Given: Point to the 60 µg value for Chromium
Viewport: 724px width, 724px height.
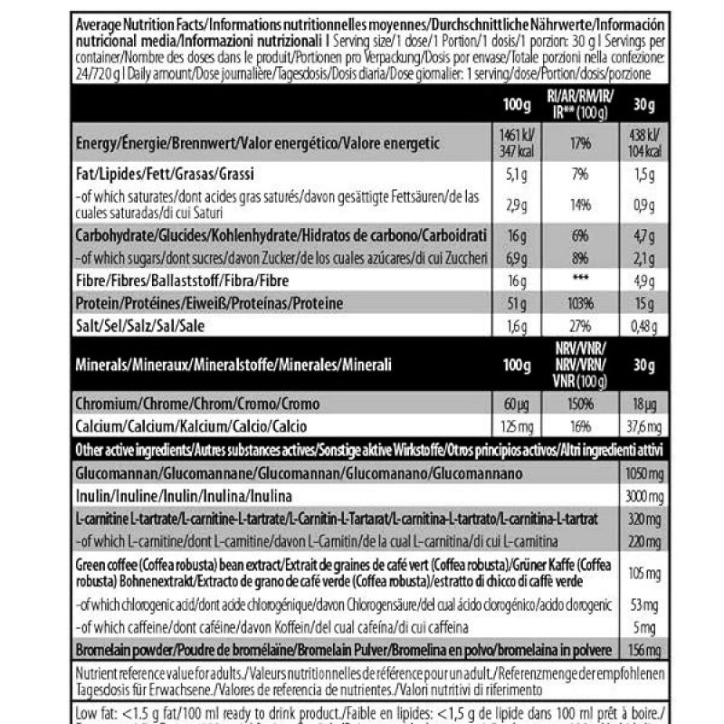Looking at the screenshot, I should pos(517,401).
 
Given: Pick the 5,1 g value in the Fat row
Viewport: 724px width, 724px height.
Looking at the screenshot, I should pos(517,172).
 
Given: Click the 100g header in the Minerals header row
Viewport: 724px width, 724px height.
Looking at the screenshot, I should pos(517,364).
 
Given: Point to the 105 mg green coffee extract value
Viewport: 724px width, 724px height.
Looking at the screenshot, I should pos(642,573).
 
